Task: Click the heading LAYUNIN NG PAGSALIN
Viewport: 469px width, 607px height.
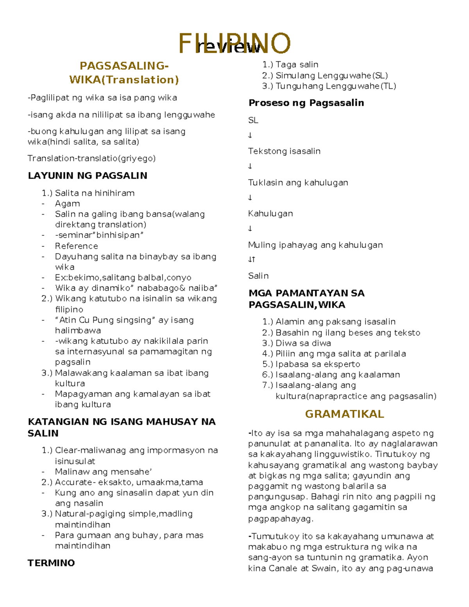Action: pos(88,175)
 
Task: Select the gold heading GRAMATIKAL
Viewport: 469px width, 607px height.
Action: pos(344,414)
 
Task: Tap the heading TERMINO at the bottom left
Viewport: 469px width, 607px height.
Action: pos(51,563)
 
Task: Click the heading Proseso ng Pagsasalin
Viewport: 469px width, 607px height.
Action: pos(306,103)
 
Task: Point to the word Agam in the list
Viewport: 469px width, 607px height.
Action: pos(67,204)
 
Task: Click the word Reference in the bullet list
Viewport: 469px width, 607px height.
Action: pos(76,246)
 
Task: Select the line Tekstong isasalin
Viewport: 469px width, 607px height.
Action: pos(284,151)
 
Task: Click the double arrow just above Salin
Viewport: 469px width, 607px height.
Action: pos(251,260)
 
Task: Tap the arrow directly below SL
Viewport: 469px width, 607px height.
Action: pos(250,136)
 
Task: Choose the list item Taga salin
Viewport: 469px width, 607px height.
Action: pos(296,64)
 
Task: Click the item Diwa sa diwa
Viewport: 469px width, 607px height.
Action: pos(303,343)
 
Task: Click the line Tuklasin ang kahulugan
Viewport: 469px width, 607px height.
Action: pos(298,183)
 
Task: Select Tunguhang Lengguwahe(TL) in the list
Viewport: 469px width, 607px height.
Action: pos(335,86)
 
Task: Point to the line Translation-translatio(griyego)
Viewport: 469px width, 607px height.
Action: pos(91,158)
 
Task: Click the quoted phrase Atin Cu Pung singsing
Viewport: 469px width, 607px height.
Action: pos(105,320)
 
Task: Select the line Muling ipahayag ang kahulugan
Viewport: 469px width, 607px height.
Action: pos(315,245)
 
